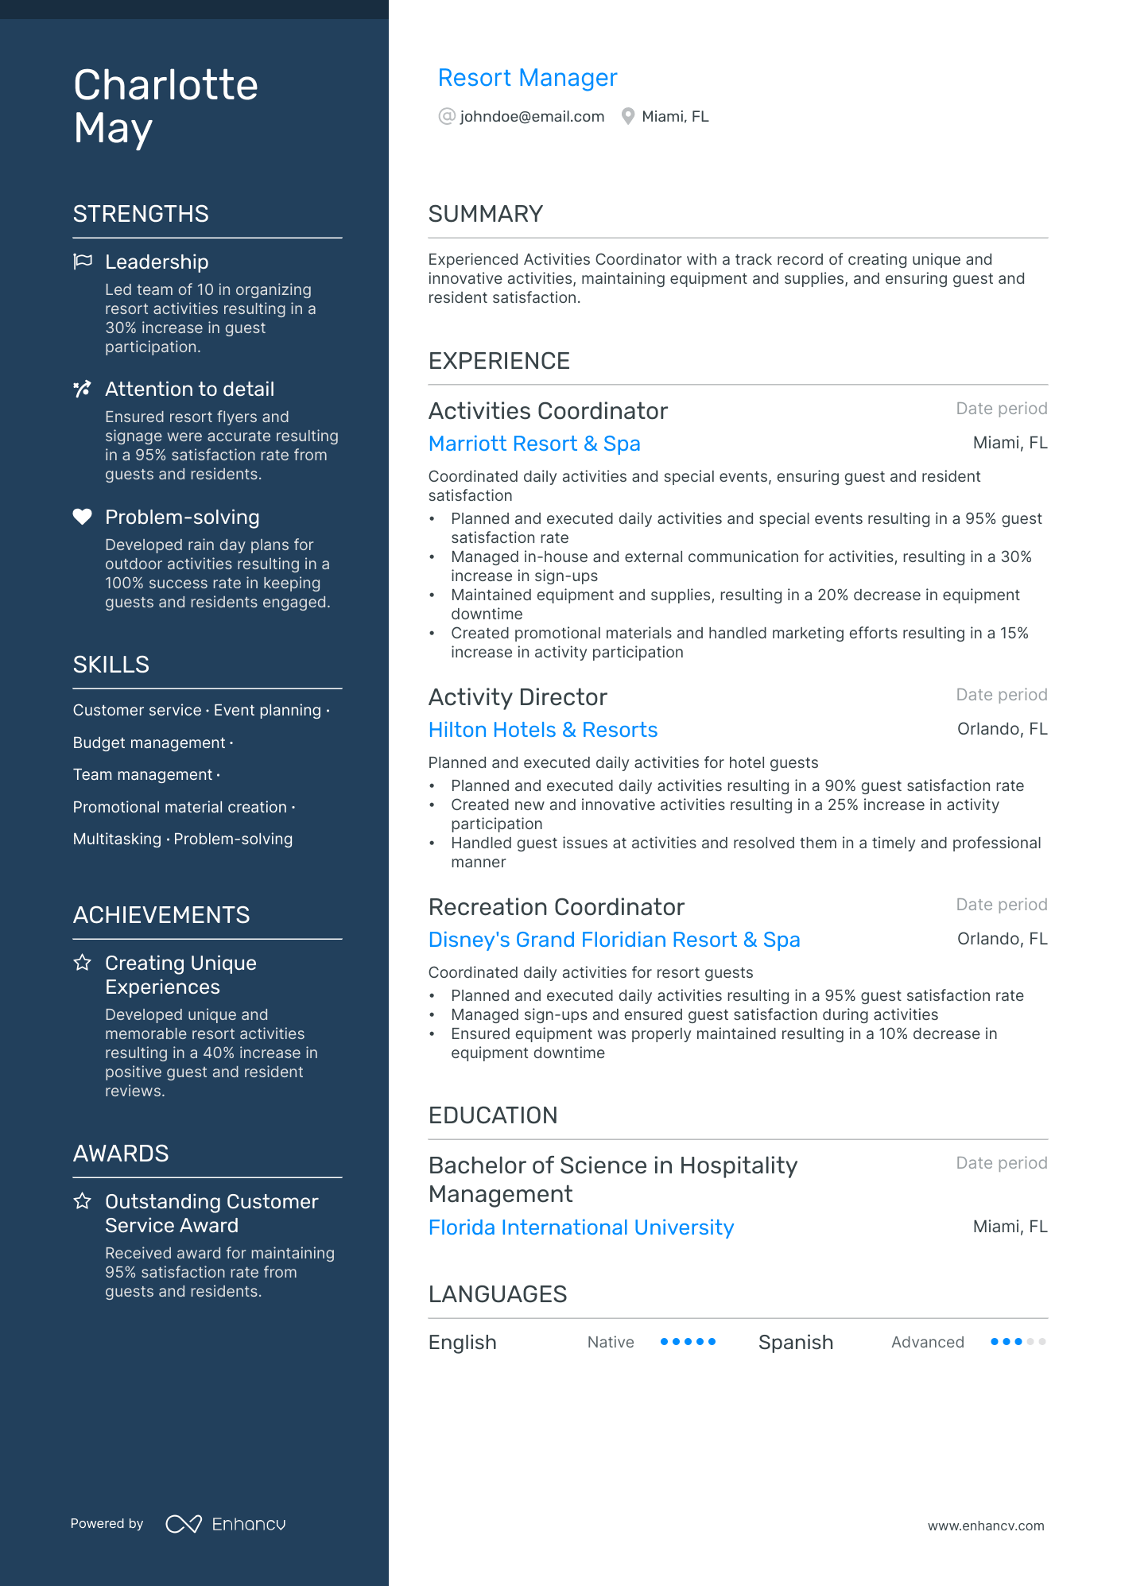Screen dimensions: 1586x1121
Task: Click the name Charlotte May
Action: [x=165, y=107]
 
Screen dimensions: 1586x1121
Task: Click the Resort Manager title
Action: [x=527, y=78]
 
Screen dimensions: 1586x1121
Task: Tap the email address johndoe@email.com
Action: [x=532, y=117]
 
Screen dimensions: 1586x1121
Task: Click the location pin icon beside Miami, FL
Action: [x=628, y=117]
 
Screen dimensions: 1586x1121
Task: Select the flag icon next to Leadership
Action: [x=83, y=262]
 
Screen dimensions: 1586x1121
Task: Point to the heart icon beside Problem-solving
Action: [x=83, y=517]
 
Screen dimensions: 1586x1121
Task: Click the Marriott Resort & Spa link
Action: [x=534, y=444]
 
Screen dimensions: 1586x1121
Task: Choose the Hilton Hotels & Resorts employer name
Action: [x=543, y=730]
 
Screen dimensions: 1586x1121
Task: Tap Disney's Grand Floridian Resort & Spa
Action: [x=614, y=940]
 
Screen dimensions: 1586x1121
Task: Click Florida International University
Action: [x=581, y=1227]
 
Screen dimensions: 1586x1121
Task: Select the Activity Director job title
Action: [x=518, y=697]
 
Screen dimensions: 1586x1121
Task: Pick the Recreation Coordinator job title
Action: [x=557, y=907]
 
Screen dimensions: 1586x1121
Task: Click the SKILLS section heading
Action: [x=111, y=665]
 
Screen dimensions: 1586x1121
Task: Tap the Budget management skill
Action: [x=149, y=743]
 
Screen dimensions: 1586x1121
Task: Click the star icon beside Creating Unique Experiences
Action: [x=83, y=963]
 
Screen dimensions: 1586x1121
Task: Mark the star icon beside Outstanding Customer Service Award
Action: [x=83, y=1201]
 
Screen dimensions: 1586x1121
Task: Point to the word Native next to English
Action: [x=611, y=1342]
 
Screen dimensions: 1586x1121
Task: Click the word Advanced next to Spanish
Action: [x=927, y=1342]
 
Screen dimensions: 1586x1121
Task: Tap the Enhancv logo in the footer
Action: [x=226, y=1524]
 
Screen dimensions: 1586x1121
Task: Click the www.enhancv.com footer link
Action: [x=986, y=1526]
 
